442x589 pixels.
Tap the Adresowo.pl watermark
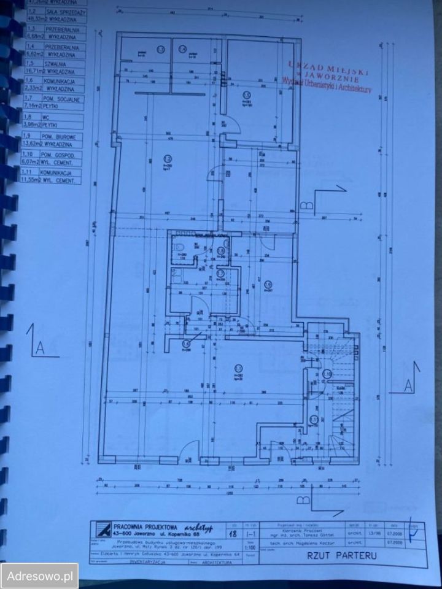[x=39, y=576]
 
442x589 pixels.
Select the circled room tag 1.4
[x=182, y=49]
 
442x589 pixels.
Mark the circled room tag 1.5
[x=246, y=94]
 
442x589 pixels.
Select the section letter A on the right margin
[x=408, y=384]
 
